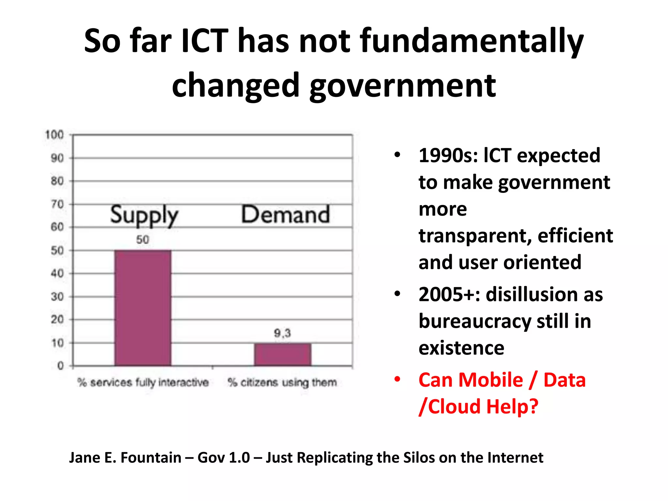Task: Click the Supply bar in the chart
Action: pos(143,308)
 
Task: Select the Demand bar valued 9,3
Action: pos(282,355)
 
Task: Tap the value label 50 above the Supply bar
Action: pos(143,240)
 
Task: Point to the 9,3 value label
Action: pos(282,333)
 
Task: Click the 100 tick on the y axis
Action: pos(54,135)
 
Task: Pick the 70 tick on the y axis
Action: pos(57,204)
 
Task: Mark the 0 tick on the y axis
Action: pos(60,366)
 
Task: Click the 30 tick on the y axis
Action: pos(57,297)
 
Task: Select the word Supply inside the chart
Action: pos(144,216)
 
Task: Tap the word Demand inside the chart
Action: pos(285,214)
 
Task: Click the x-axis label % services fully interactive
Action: pos(143,382)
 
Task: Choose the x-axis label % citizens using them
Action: pos(282,382)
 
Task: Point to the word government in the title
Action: pos(402,86)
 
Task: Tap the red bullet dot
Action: pos(397,379)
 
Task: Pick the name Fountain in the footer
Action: pos(151,458)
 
